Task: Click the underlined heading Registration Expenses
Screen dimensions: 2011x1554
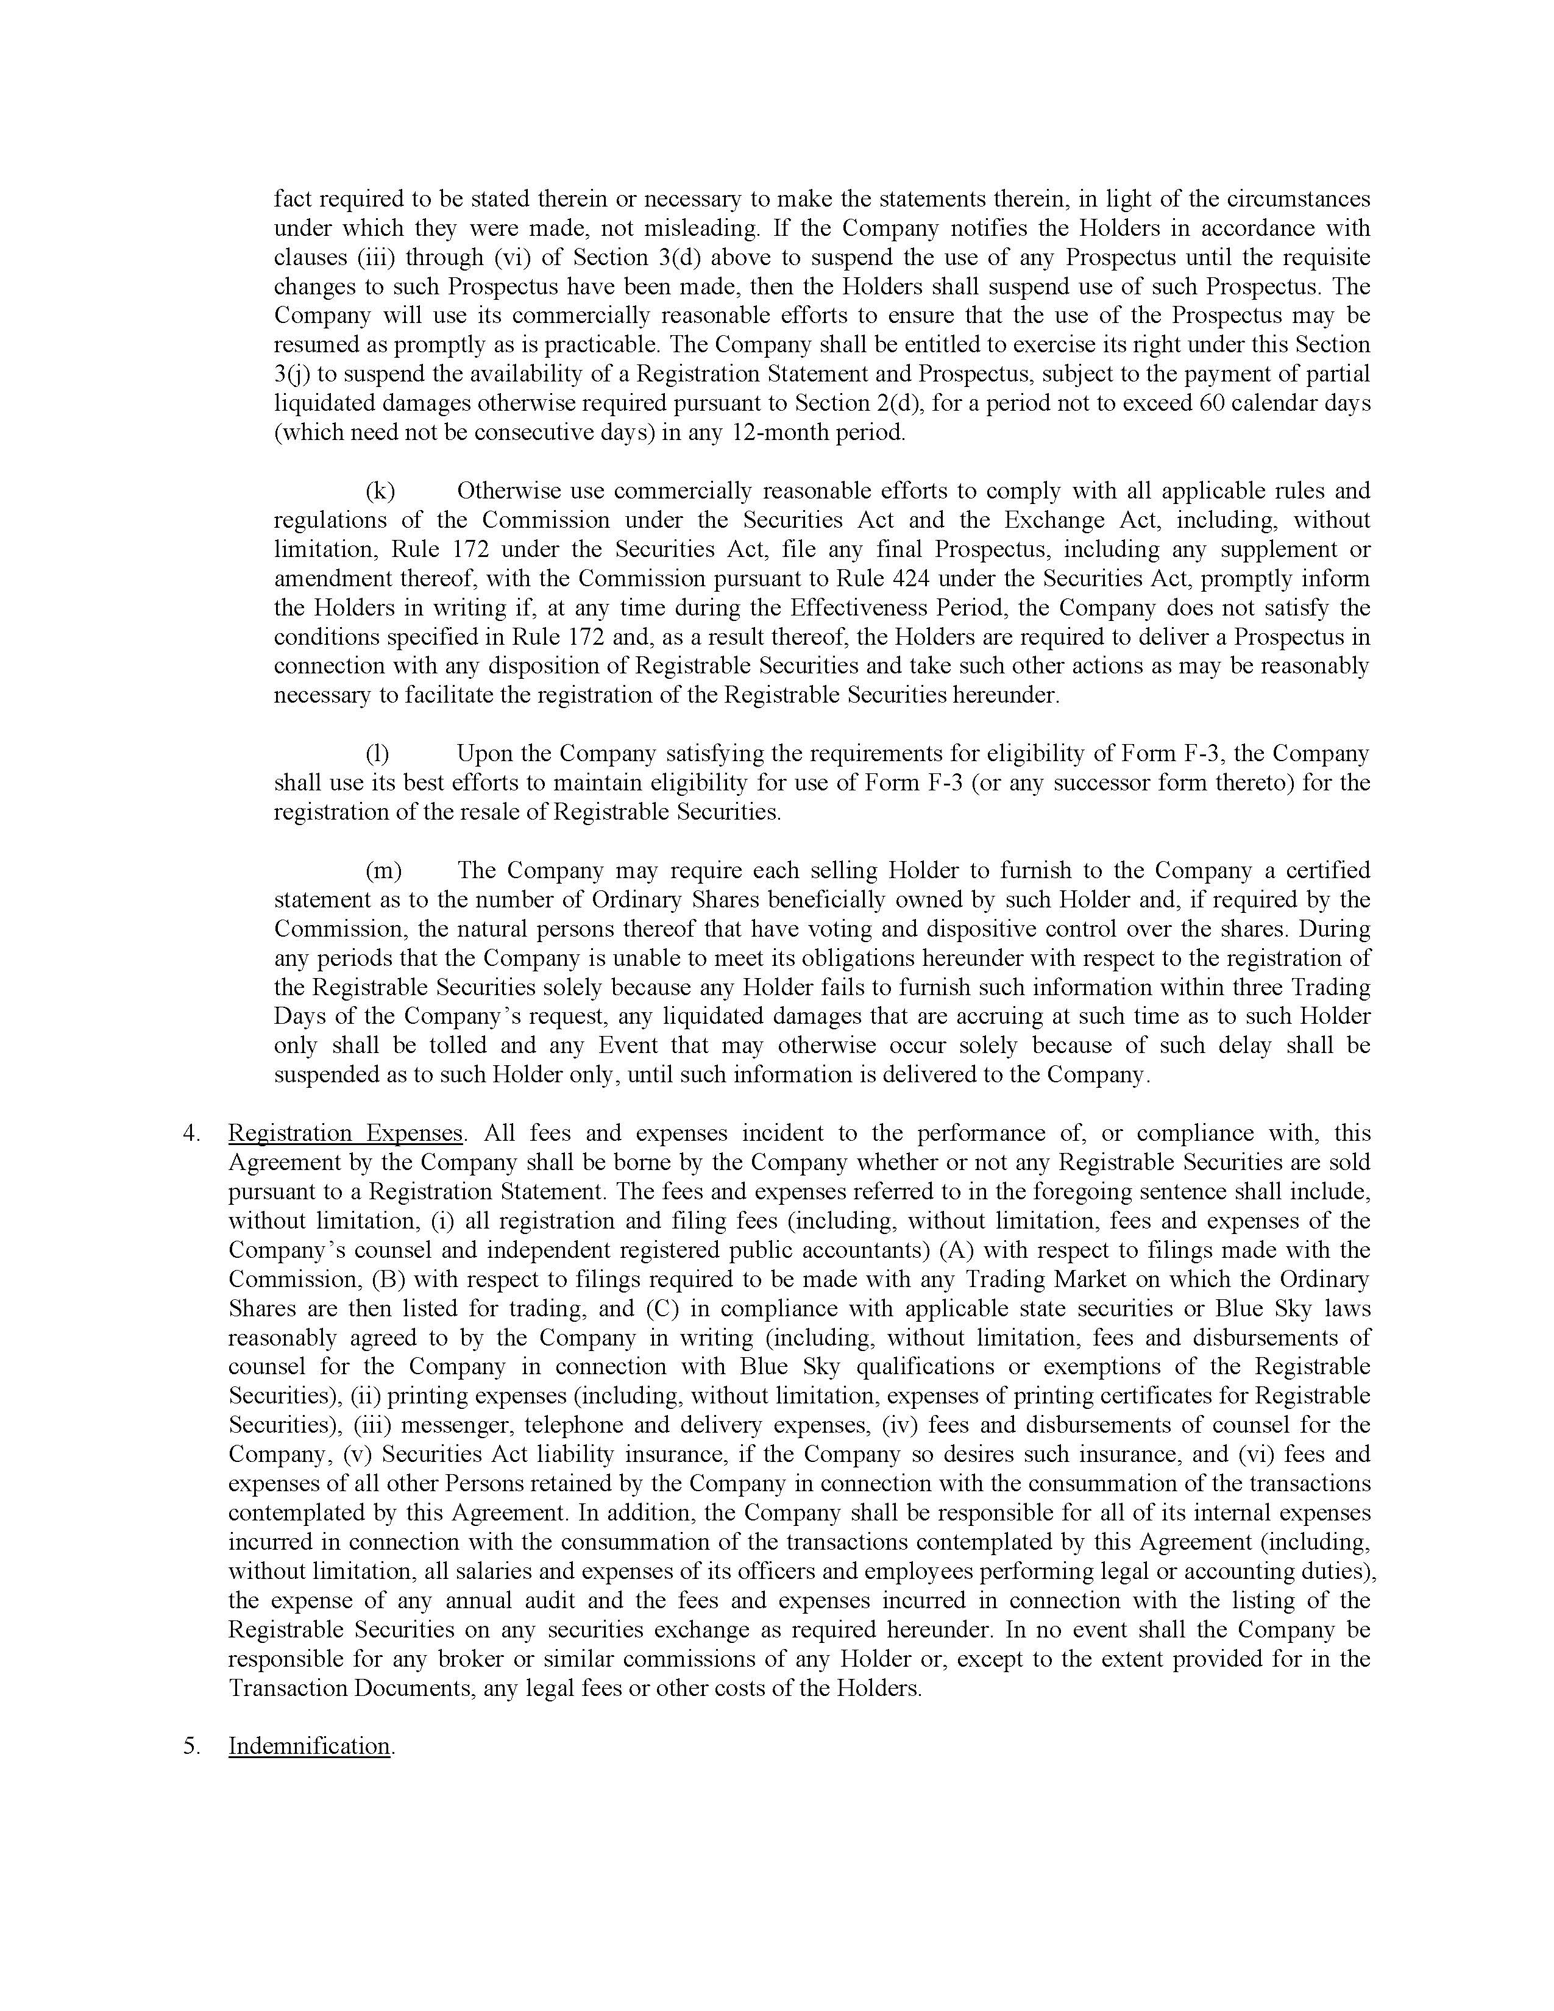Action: (x=345, y=1133)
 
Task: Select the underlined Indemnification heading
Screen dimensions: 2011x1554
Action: (x=310, y=1746)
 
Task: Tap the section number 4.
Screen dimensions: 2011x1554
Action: (x=191, y=1133)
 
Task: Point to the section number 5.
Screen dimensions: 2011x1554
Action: (x=191, y=1747)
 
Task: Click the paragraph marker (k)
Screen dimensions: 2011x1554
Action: (x=380, y=491)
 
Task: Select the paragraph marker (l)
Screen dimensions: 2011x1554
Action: (x=377, y=754)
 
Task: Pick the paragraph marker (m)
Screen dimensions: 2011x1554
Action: (x=383, y=871)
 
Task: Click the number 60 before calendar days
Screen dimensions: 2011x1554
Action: (x=1213, y=403)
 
